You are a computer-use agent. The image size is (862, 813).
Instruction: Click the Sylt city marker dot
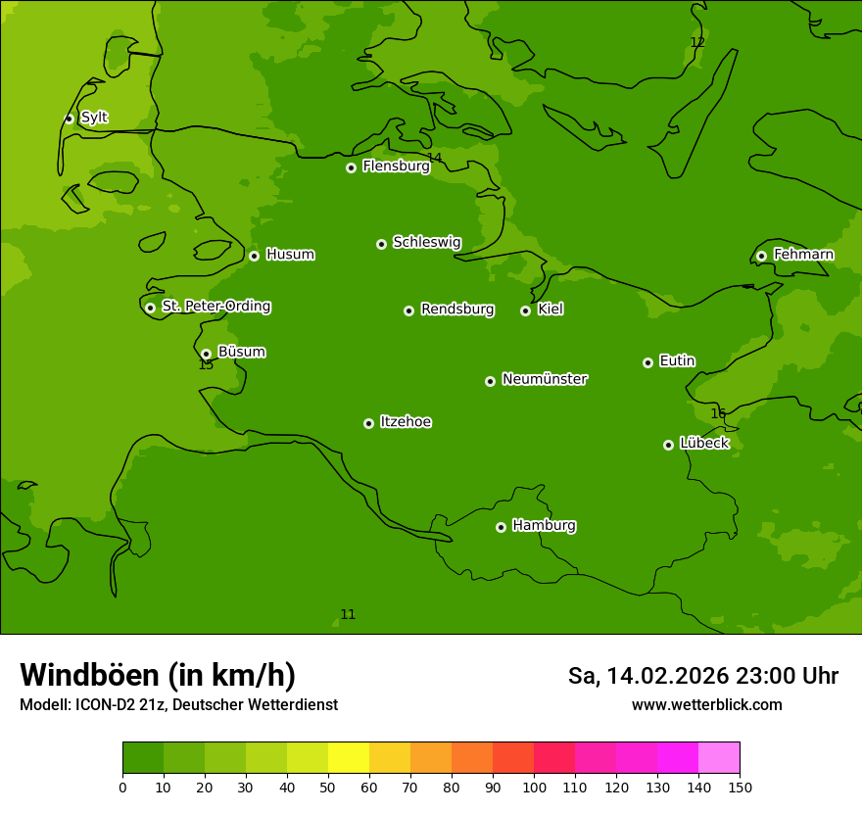pos(69,119)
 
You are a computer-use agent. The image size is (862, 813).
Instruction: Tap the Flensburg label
pos(396,167)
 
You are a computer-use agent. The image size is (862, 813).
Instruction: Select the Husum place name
pos(290,255)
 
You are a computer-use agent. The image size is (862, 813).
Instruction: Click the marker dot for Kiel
pos(525,311)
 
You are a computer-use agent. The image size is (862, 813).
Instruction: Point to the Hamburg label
pos(544,526)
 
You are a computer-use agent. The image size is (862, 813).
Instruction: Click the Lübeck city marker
pos(668,445)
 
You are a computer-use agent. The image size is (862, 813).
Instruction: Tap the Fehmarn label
pos(803,255)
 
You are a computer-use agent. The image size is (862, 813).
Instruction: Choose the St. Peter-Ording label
pos(215,307)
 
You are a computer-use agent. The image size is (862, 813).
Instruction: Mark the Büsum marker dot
pos(206,354)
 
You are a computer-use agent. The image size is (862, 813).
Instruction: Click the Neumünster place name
pos(545,379)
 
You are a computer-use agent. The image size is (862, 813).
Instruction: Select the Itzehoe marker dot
pos(368,423)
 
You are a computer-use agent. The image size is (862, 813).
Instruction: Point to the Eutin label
pos(677,361)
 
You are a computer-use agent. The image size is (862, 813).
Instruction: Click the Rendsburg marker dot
pos(408,311)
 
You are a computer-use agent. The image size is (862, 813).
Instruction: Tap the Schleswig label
pos(426,242)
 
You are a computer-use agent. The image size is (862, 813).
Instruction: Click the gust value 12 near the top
pos(697,42)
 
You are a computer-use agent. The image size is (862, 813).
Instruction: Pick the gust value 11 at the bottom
pos(348,615)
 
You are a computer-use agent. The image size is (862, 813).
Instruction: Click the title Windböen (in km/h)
pos(158,675)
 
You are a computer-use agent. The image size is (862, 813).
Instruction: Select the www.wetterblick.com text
pos(706,705)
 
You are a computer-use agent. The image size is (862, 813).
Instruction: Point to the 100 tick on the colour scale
pos(534,787)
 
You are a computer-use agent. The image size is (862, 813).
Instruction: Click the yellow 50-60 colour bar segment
pos(349,757)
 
